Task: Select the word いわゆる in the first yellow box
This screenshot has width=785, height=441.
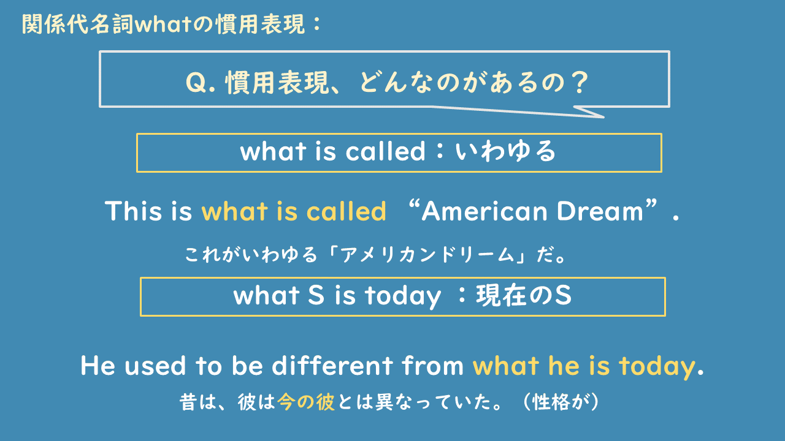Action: point(505,151)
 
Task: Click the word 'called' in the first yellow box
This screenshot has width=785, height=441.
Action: point(385,151)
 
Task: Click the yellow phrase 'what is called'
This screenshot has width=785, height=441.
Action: point(294,212)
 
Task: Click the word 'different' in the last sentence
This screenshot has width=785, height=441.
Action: point(334,366)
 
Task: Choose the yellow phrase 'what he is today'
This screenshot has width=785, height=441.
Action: point(583,366)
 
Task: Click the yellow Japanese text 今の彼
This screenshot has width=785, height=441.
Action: point(306,403)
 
